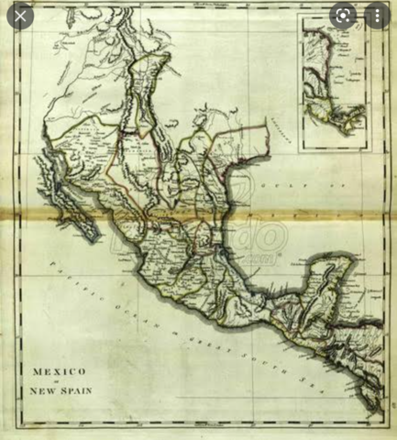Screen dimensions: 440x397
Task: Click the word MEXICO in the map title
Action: tap(60, 373)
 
